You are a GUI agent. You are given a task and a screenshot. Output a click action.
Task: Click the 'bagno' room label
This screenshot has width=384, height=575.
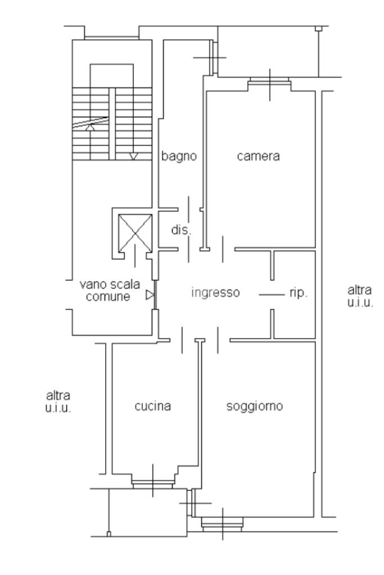[x=179, y=156]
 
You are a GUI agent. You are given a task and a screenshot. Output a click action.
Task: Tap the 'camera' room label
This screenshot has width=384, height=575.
[x=258, y=156]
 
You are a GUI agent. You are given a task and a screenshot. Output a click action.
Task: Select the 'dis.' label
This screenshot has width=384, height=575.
[x=182, y=230]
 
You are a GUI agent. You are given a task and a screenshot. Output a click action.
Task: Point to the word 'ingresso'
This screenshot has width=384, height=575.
[x=215, y=292]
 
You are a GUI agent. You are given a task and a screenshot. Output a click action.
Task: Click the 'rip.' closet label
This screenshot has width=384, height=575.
[x=299, y=293]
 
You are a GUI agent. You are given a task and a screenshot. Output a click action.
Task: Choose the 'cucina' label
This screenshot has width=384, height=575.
[x=153, y=406]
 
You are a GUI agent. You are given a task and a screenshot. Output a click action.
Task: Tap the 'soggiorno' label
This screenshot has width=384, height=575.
[x=255, y=407]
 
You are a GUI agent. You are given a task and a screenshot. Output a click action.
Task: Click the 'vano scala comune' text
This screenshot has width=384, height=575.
[x=110, y=290]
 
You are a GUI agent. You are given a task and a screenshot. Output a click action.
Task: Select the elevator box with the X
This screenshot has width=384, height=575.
[x=135, y=233]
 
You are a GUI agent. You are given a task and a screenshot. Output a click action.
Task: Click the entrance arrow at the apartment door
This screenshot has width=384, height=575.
[x=150, y=295]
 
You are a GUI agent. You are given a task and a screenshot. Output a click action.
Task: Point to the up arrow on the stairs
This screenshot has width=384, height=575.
[x=90, y=127]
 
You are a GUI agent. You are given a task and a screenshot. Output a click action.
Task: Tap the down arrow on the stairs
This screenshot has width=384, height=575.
[x=134, y=157]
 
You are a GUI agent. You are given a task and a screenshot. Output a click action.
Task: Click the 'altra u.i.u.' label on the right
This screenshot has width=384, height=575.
[x=360, y=296]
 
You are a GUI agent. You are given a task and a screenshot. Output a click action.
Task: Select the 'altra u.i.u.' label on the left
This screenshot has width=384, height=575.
[x=58, y=401]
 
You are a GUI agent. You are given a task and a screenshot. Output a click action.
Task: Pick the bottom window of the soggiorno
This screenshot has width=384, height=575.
[x=223, y=524]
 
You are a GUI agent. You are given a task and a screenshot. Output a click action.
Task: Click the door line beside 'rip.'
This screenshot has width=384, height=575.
[x=272, y=294]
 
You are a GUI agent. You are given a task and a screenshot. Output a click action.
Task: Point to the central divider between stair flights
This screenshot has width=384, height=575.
[x=112, y=124]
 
